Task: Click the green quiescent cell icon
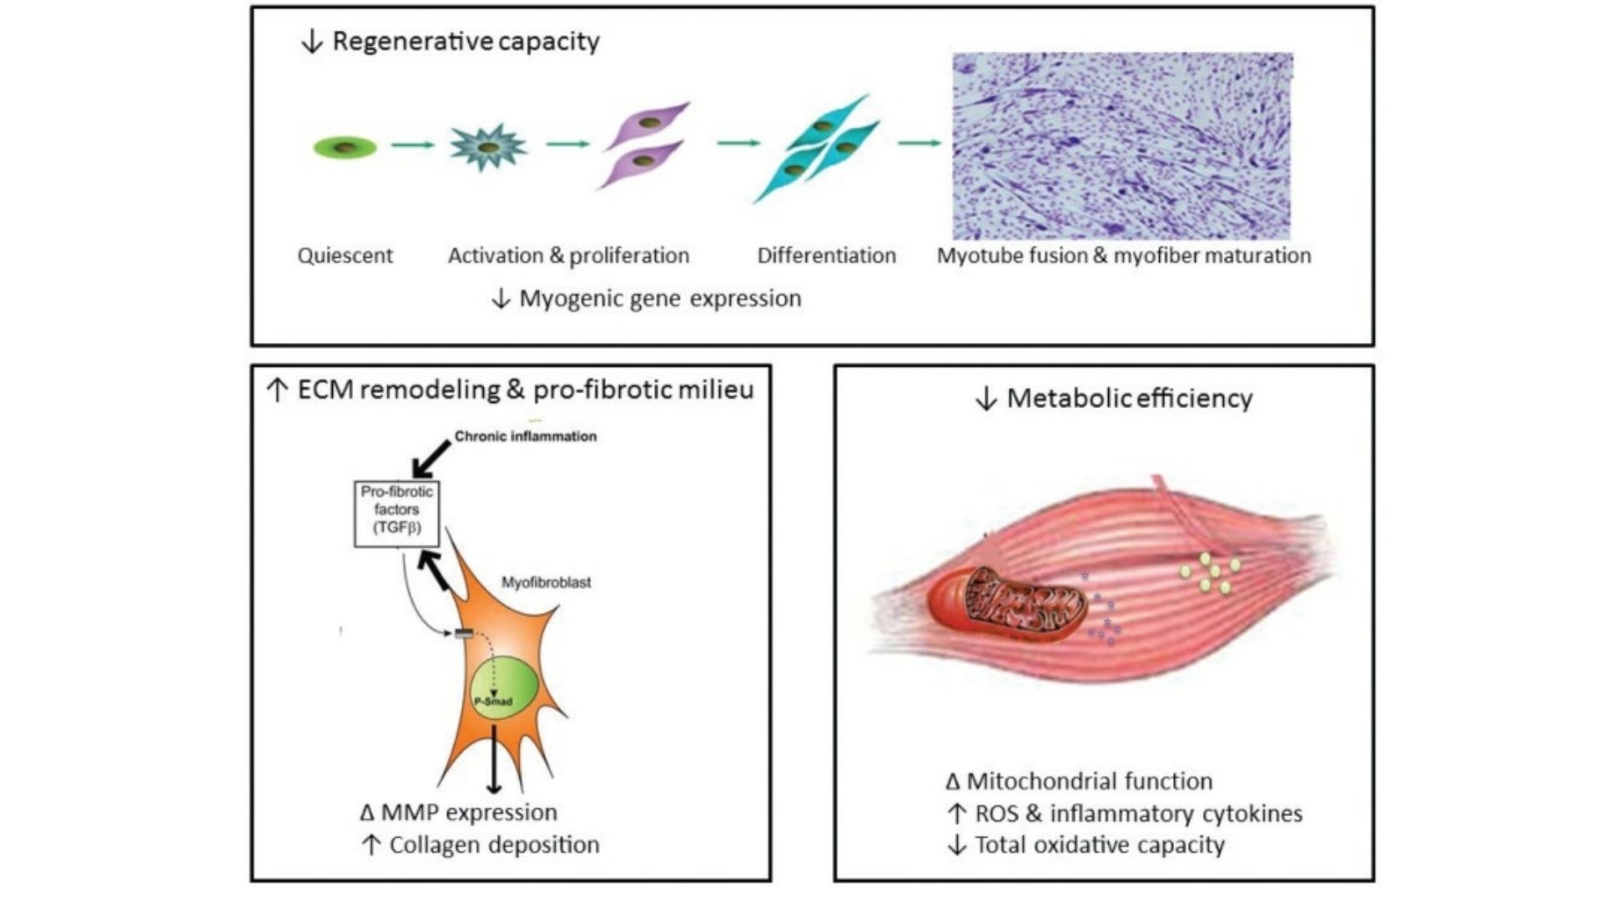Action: tap(345, 148)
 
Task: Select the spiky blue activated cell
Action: tap(488, 147)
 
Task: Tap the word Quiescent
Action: tap(345, 255)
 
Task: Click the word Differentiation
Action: tap(826, 255)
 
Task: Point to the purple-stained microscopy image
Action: tap(1122, 146)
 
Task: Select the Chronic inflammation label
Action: tap(525, 436)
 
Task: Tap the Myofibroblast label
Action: tap(546, 582)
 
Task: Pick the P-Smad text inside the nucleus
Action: tap(493, 702)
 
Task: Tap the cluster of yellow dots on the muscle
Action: tap(1211, 572)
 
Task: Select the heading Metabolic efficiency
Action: tap(1129, 399)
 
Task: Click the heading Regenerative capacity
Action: tap(466, 41)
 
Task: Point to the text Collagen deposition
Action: tap(494, 845)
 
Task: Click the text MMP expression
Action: tap(469, 813)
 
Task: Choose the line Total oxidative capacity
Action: tap(1099, 845)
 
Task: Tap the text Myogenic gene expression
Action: tap(660, 299)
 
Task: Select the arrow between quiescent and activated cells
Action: tap(413, 145)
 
